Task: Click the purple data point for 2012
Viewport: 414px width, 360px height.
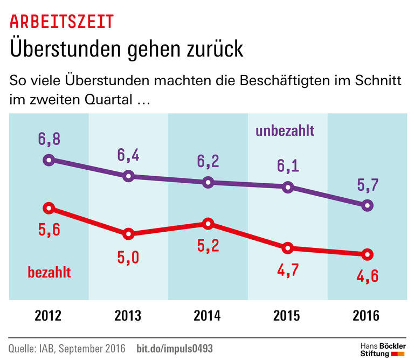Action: (x=49, y=160)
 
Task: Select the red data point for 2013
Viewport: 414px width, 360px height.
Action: (x=128, y=233)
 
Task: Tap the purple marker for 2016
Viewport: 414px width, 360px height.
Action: (x=368, y=205)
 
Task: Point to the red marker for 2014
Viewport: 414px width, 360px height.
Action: (x=208, y=224)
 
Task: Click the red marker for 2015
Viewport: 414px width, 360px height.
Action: (x=288, y=248)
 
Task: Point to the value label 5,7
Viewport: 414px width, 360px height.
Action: (x=368, y=185)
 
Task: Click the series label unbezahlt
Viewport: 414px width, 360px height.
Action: (x=285, y=131)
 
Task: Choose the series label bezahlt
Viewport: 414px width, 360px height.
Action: (x=49, y=272)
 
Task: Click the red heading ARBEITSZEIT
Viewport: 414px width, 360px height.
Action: (x=62, y=22)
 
